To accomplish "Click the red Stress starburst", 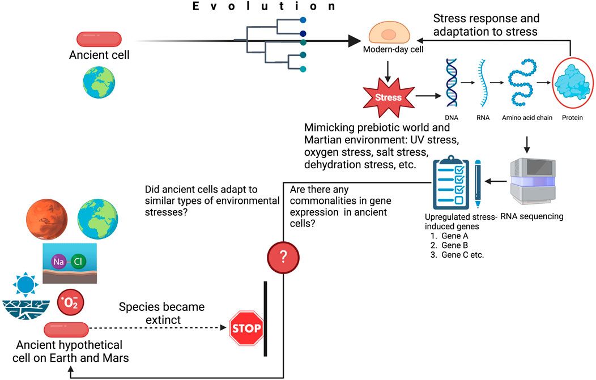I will (388, 97).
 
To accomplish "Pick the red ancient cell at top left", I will (99, 39).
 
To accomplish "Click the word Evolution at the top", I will (263, 6).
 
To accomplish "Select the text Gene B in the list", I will (453, 245).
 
